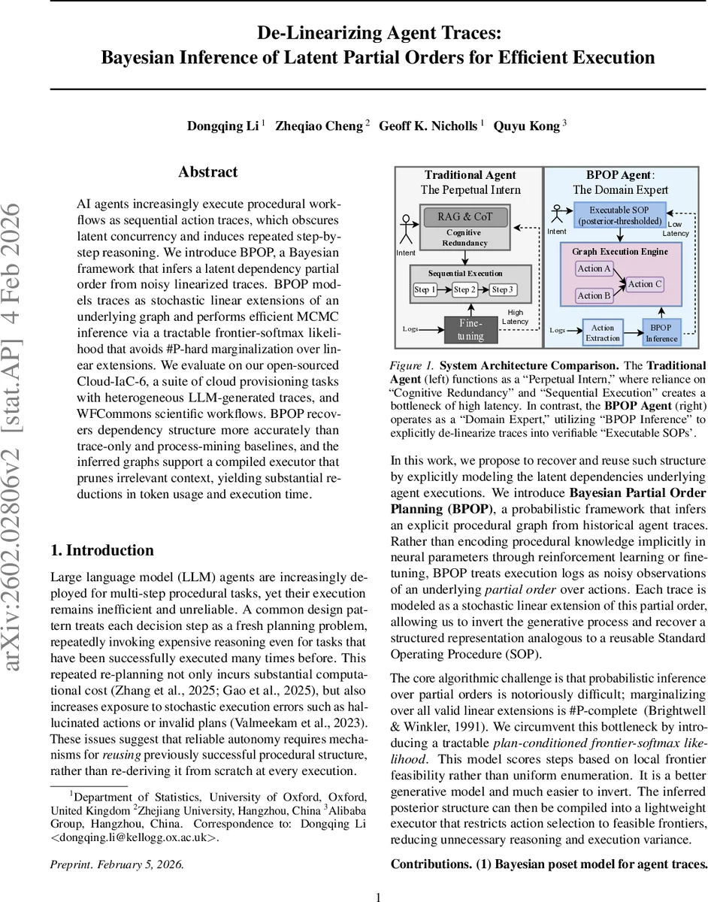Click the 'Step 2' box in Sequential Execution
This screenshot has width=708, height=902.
pyautogui.click(x=464, y=289)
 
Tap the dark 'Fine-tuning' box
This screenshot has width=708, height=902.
pyautogui.click(x=470, y=329)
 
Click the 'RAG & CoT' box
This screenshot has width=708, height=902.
pyautogui.click(x=464, y=217)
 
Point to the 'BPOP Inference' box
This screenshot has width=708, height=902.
pyautogui.click(x=661, y=332)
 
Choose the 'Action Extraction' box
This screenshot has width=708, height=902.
pyautogui.click(x=603, y=332)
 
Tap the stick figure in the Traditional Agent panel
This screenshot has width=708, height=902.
pyautogui.click(x=406, y=229)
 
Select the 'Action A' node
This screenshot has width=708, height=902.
pyautogui.click(x=594, y=268)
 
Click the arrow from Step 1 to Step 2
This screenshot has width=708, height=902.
pyautogui.click(x=444, y=289)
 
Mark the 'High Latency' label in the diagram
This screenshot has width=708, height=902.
pyautogui.click(x=515, y=316)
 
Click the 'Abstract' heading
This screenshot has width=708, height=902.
pyautogui.click(x=207, y=172)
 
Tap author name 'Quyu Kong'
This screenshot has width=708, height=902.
pyautogui.click(x=526, y=126)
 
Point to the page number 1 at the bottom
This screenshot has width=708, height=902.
pyautogui.click(x=379, y=896)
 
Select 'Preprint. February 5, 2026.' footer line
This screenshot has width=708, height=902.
pyautogui.click(x=116, y=864)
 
